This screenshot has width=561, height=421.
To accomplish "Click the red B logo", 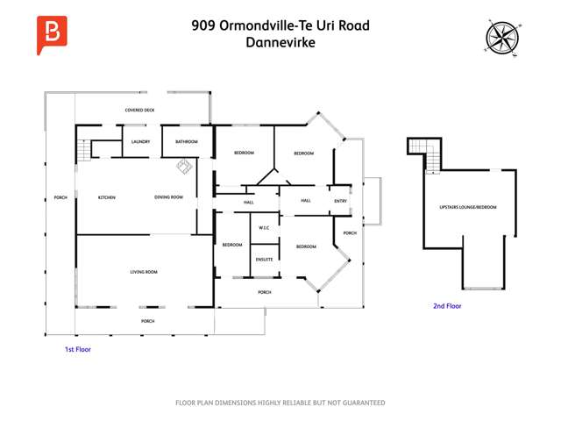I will pos(52,34).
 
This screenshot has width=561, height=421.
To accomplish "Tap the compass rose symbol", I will pos(502,36).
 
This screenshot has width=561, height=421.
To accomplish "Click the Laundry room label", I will pos(140,141).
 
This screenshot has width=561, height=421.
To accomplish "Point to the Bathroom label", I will pos(186,141).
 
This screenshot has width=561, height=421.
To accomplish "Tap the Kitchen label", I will pos(107,197).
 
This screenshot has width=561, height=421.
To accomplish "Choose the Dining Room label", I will pos(168,197).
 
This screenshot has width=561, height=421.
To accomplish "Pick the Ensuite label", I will pos(264,260).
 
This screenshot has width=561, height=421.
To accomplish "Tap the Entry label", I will pos(341,201).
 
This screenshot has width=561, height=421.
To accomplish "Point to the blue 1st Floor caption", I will pos(78,349).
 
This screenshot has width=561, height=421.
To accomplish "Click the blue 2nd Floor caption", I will pos(447,306).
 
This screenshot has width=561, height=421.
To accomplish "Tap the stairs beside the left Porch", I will pos(84,150).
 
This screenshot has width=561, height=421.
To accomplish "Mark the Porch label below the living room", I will pos(147,322).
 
